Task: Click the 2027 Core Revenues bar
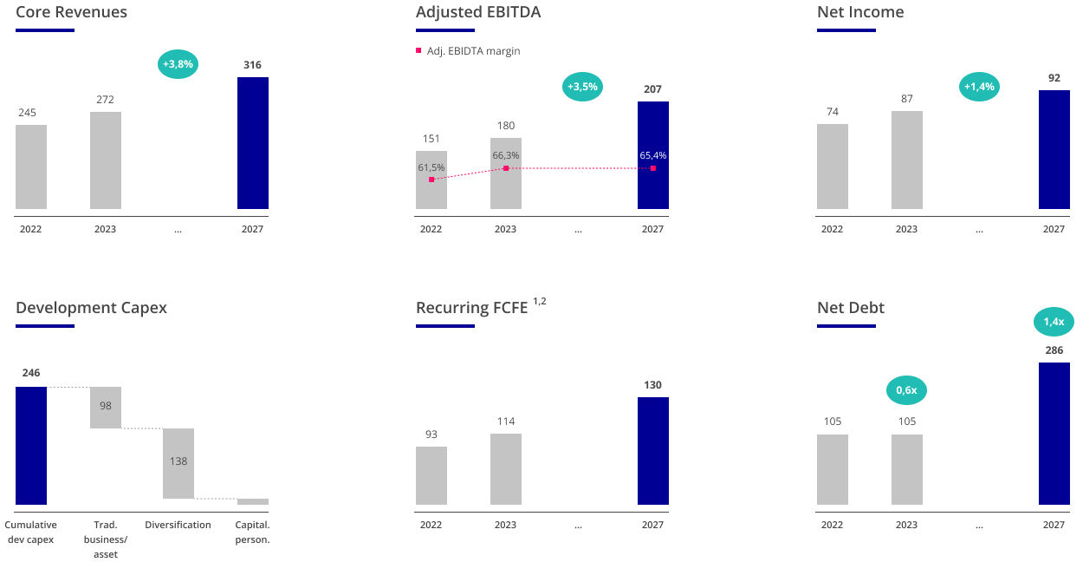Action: (x=252, y=143)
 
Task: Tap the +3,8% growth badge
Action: (x=178, y=64)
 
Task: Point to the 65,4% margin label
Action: (x=652, y=155)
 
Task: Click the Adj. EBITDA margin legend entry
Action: (x=468, y=51)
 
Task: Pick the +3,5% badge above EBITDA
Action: (x=582, y=87)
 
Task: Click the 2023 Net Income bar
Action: (x=906, y=160)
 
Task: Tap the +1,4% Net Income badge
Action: (x=980, y=87)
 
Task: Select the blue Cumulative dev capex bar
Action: (x=31, y=445)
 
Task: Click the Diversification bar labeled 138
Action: (x=178, y=463)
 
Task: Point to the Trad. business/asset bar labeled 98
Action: (x=106, y=407)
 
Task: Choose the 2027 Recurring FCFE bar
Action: (x=652, y=450)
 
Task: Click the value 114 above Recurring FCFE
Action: (x=506, y=421)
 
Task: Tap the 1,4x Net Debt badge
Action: (x=1054, y=322)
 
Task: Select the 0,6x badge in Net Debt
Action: (x=906, y=390)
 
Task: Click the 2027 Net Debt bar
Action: (x=1054, y=433)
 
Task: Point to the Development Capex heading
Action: (x=91, y=308)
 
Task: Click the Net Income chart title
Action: (x=859, y=12)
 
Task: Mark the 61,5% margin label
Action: (x=431, y=167)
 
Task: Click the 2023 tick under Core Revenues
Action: (x=105, y=230)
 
